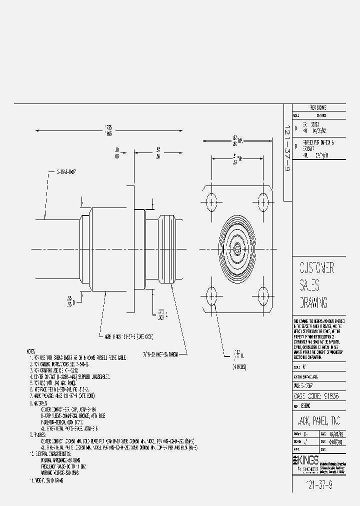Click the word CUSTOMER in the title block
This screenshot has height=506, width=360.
point(316,267)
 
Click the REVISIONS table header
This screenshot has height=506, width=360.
point(318,107)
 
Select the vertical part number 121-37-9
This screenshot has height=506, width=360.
point(287,152)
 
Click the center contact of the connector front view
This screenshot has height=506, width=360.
point(236,248)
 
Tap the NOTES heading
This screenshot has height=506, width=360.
point(32,352)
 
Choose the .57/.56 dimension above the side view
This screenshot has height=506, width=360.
point(158,153)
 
